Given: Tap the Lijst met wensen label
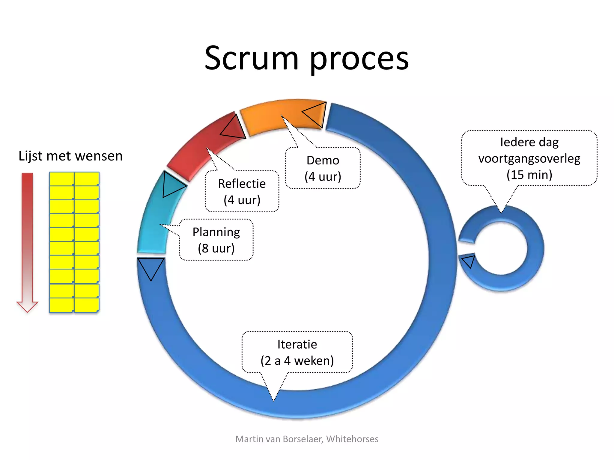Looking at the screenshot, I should tap(70, 156).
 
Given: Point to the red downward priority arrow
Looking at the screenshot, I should tap(27, 240).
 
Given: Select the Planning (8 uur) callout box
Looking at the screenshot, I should tap(216, 240).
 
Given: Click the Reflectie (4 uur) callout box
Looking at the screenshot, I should tap(242, 192).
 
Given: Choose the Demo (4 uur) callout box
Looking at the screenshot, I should tap(323, 168).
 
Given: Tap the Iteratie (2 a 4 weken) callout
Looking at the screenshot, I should tap(297, 352).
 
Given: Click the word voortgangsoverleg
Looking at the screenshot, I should tap(529, 158).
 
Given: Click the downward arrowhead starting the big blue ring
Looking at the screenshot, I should tap(151, 267).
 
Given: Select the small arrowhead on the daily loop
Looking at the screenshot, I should tap(469, 261).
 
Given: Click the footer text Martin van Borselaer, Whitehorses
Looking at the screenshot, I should tap(307, 439).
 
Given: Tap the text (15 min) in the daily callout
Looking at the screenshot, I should tap(529, 175).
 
